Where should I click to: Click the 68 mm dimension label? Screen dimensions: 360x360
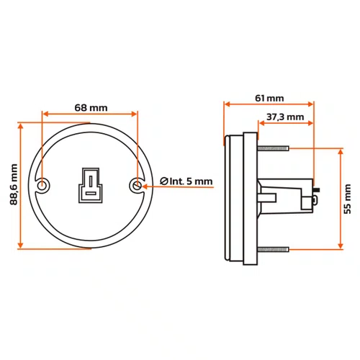tap(91, 108)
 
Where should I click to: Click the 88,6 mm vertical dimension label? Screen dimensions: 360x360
tap(14, 184)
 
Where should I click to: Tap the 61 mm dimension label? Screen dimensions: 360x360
tap(269, 98)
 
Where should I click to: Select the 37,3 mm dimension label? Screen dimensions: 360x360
tap(285, 117)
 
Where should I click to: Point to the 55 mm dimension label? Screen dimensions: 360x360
tap(347, 199)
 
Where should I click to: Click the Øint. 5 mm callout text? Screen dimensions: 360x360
tap(186, 181)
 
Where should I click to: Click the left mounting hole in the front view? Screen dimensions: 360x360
tap(42, 186)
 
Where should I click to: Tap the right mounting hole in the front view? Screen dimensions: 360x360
tap(137, 186)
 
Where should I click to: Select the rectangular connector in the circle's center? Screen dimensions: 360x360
tap(91, 185)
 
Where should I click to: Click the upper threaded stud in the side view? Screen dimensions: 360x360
tap(273, 148)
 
